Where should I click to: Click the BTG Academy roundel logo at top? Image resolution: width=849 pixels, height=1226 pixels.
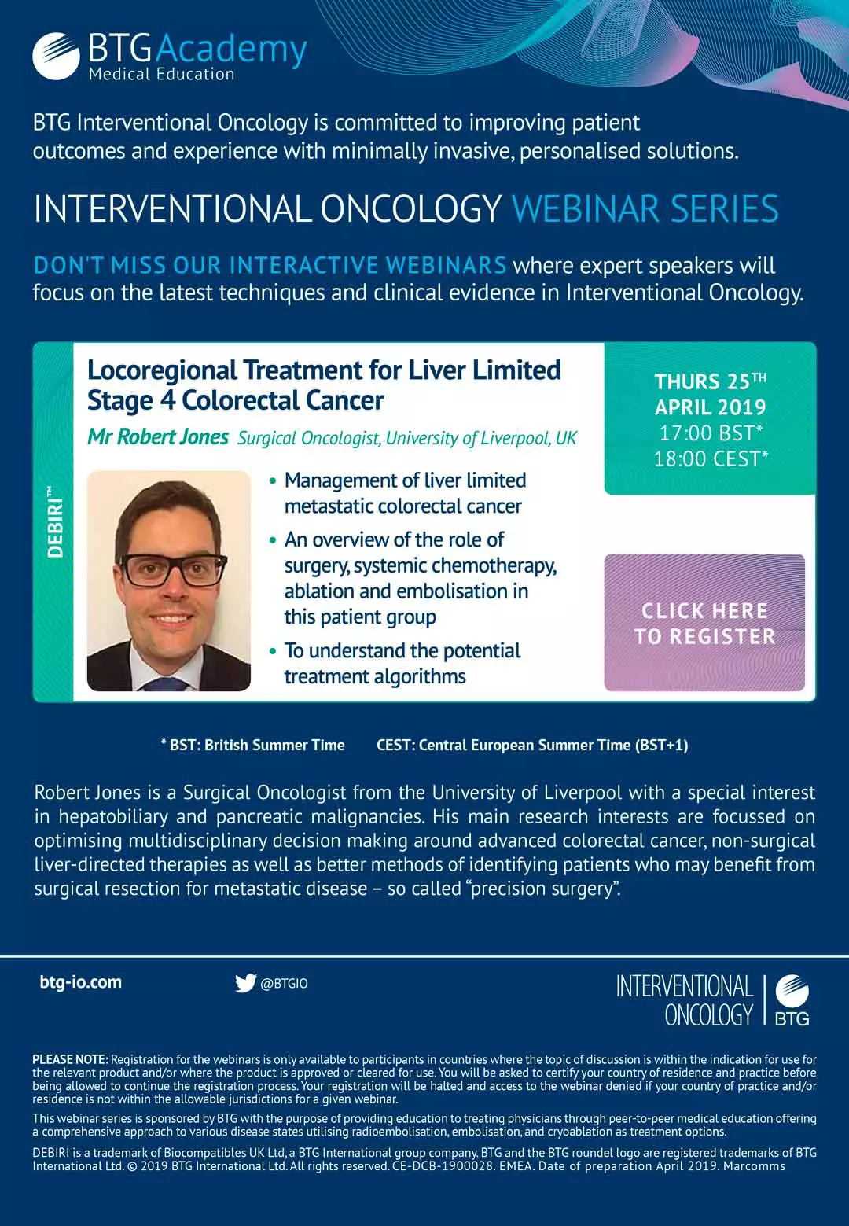(x=57, y=57)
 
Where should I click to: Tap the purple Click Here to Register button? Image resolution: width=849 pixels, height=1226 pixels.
(x=704, y=622)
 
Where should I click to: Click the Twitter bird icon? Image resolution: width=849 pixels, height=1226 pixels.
(x=245, y=983)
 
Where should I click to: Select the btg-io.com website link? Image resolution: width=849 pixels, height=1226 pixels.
(x=81, y=982)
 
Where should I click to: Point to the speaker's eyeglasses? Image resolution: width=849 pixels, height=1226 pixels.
(x=173, y=569)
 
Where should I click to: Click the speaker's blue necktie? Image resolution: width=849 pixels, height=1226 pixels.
(x=165, y=683)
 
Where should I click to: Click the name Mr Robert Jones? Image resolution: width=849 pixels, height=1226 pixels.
(x=158, y=436)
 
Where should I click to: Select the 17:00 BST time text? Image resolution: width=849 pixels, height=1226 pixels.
(x=711, y=433)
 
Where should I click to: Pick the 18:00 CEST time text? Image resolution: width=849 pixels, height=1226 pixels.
(x=711, y=458)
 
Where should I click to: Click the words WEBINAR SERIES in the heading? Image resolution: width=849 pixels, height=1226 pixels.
(x=645, y=208)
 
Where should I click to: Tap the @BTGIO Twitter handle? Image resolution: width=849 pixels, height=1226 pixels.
(x=284, y=984)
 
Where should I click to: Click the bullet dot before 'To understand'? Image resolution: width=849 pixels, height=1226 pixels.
(x=273, y=651)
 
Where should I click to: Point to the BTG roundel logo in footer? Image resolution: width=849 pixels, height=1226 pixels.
(x=792, y=1000)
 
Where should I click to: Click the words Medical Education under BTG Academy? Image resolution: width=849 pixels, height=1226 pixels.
(x=161, y=75)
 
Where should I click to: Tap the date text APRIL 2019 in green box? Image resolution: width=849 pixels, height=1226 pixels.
(x=711, y=407)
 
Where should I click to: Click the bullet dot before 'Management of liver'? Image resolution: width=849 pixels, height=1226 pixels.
(x=273, y=481)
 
